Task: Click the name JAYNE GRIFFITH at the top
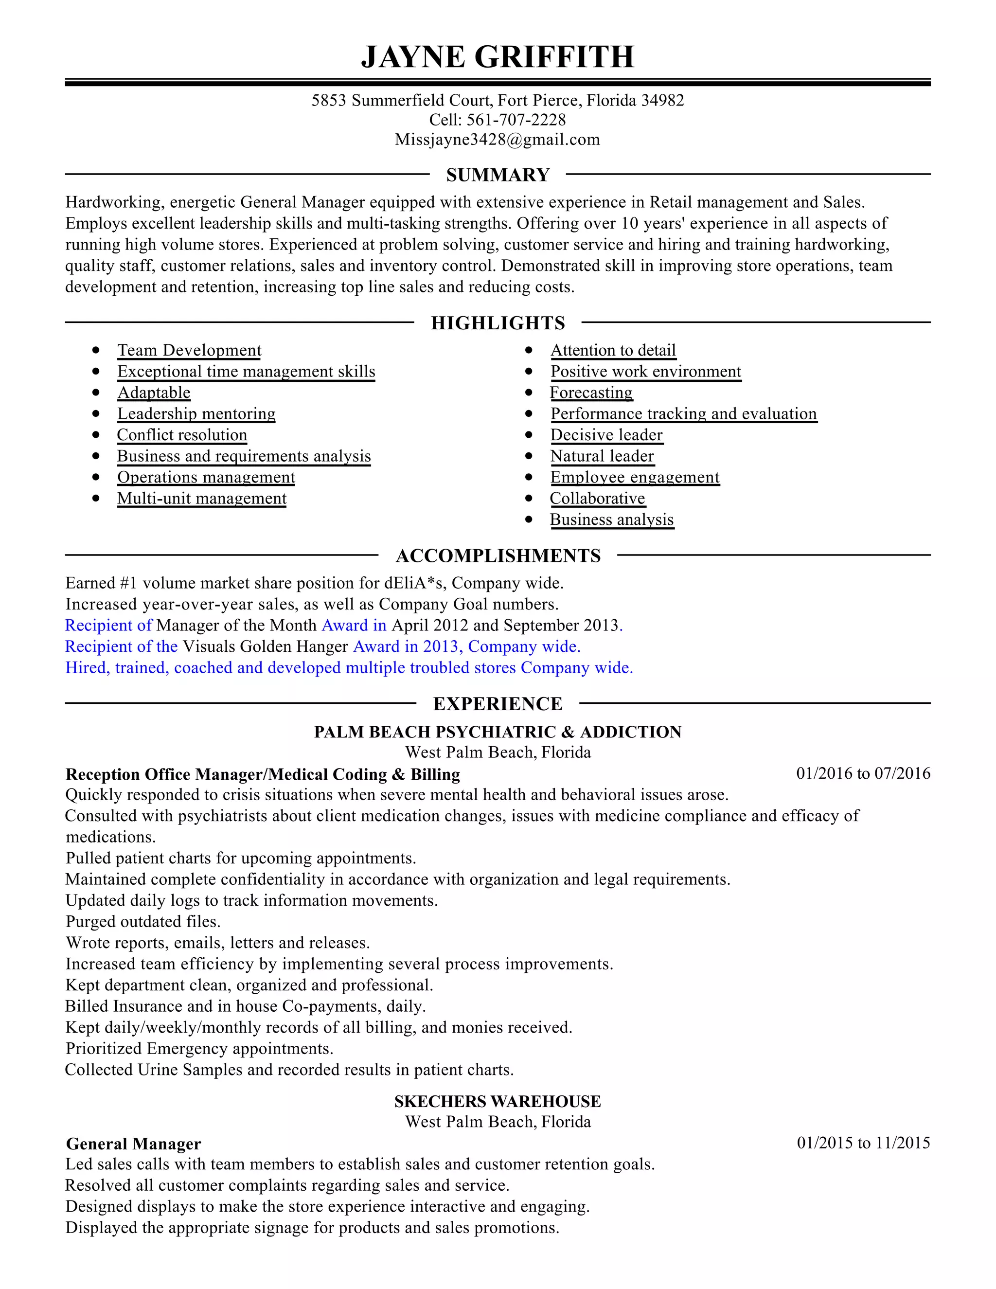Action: pyautogui.click(x=498, y=57)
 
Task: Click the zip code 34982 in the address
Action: pyautogui.click(x=663, y=100)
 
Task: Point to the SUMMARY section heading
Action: pyautogui.click(x=498, y=175)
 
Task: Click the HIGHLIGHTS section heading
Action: pyautogui.click(x=498, y=323)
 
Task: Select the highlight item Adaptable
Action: pyautogui.click(x=154, y=393)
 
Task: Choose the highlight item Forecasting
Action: pyautogui.click(x=591, y=393)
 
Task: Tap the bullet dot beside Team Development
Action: pyautogui.click(x=96, y=350)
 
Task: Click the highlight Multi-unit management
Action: pyautogui.click(x=202, y=498)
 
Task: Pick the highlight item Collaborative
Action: pyautogui.click(x=597, y=498)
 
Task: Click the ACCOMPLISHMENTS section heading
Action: pyautogui.click(x=498, y=555)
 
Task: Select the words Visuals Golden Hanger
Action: pyautogui.click(x=265, y=646)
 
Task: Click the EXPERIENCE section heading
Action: pyautogui.click(x=498, y=703)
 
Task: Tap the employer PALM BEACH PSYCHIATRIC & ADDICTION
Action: pyautogui.click(x=498, y=732)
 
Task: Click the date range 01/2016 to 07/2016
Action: pyautogui.click(x=863, y=773)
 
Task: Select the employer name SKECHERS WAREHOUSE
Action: pyautogui.click(x=498, y=1101)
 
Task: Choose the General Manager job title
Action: pyautogui.click(x=133, y=1144)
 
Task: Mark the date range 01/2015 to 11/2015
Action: pyautogui.click(x=863, y=1143)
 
